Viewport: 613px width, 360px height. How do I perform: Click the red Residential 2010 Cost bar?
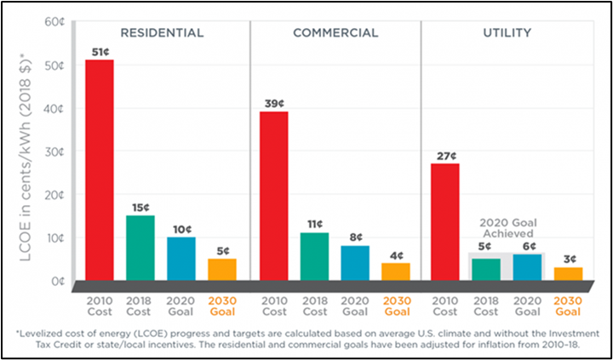tap(100, 170)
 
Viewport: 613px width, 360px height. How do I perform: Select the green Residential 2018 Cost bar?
tap(140, 248)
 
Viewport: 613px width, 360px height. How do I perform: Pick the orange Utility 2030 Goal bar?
tap(569, 274)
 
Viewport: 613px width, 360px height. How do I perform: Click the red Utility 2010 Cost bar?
tap(445, 221)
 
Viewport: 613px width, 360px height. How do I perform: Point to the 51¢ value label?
tap(100, 52)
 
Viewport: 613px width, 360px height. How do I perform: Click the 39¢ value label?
tap(273, 104)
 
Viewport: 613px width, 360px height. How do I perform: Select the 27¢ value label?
tap(446, 156)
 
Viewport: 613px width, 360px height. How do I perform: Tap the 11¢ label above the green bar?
tap(314, 225)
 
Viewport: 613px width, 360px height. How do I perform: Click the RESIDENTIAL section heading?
tap(162, 33)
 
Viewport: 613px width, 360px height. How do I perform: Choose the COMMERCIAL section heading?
tap(335, 33)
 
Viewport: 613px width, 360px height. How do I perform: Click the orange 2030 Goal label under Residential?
tap(223, 306)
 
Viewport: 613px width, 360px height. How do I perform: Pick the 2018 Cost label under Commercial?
tap(314, 306)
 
